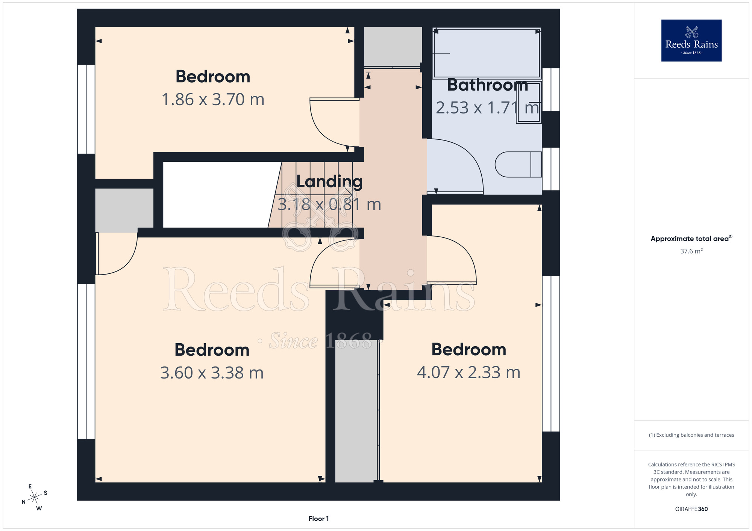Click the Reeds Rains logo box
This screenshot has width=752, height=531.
click(x=691, y=41)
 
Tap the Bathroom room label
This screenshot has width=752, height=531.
click(x=487, y=85)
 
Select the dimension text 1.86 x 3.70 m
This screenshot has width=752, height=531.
click(x=213, y=100)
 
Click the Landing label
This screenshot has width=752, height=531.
click(x=329, y=182)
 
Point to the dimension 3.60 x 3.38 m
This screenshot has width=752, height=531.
click(x=212, y=373)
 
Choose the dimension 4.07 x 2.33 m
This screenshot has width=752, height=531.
click(x=468, y=372)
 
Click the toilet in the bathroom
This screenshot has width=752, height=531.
click(x=518, y=164)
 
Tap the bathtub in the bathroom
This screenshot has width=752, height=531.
click(x=487, y=53)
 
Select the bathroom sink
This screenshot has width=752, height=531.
click(x=529, y=102)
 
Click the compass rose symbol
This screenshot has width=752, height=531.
click(x=35, y=498)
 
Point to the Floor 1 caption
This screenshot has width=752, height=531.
click(x=318, y=519)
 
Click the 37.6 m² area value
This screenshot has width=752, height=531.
click(x=691, y=251)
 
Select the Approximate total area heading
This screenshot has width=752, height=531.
click(x=691, y=238)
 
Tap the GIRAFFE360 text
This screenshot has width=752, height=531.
click(x=691, y=509)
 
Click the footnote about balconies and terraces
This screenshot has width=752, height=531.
click(x=691, y=435)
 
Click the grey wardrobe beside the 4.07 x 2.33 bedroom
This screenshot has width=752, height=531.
click(x=356, y=411)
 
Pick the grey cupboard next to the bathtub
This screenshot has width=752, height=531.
click(x=393, y=47)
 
